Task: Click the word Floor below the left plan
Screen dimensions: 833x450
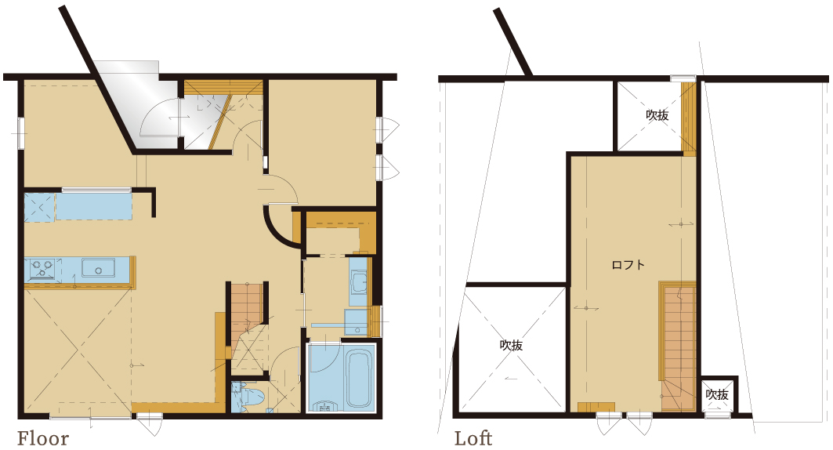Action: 43,439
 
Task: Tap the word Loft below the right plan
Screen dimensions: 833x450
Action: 473,439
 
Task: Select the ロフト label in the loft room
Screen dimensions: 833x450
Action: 628,264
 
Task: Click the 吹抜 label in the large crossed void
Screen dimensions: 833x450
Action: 511,345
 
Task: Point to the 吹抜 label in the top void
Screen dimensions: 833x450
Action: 657,115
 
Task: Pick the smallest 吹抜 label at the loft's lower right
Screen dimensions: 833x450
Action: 717,395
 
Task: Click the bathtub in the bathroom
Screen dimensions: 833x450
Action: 358,378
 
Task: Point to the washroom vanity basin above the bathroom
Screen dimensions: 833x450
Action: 359,282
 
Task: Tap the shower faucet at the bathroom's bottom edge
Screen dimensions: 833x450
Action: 326,408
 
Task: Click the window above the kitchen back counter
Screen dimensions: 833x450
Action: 96,189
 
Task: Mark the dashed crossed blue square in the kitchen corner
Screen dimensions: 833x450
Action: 39,207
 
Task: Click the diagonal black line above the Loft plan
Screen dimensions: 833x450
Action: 512,42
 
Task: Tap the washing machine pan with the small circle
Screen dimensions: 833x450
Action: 356,322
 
